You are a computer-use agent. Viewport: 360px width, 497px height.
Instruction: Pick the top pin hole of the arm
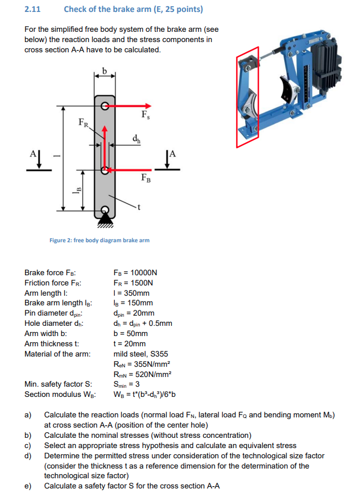[105, 105]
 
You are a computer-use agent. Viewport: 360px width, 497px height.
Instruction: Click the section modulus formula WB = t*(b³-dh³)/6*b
[144, 395]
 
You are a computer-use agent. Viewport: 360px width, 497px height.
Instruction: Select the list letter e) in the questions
[28, 486]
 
